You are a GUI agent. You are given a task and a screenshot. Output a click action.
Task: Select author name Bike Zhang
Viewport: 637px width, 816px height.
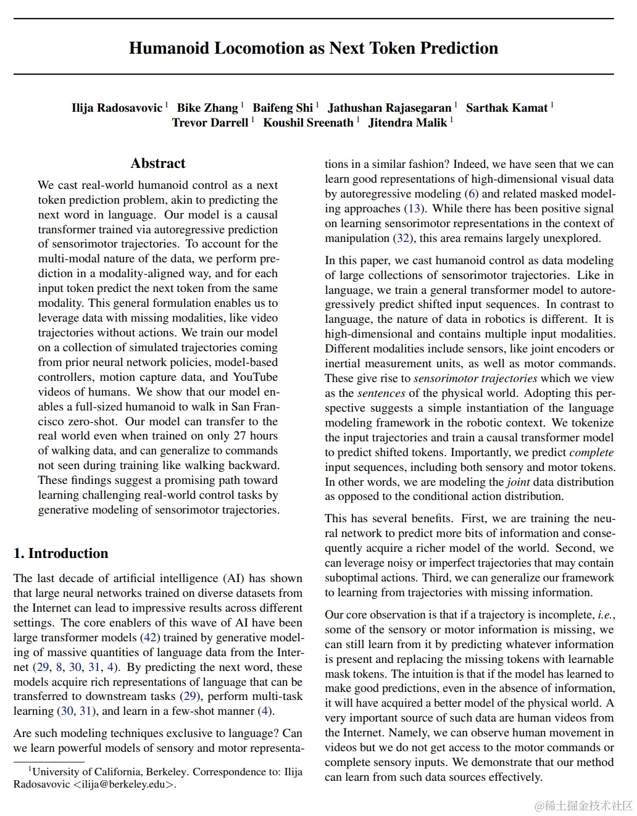(x=207, y=108)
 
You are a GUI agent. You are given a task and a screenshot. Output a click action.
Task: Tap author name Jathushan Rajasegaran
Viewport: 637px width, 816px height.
(x=389, y=108)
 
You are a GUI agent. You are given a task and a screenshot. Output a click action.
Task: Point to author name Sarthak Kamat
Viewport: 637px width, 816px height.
(x=507, y=108)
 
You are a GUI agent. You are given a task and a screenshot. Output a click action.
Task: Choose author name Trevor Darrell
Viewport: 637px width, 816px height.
(x=210, y=123)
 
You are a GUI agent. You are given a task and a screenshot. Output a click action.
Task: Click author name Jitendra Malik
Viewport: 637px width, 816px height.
(x=407, y=123)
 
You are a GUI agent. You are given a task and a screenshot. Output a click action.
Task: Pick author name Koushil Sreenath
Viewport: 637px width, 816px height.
(x=308, y=123)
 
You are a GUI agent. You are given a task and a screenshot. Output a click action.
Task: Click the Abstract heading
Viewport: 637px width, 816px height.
(x=158, y=164)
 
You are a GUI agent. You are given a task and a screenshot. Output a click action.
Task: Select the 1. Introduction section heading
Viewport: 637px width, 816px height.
(x=60, y=553)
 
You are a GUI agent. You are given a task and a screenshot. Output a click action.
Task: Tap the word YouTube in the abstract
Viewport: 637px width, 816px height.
(x=255, y=377)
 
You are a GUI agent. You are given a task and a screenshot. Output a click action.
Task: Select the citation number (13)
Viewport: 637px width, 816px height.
(x=414, y=209)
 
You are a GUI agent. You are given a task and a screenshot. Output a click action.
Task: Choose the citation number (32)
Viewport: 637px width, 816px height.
(x=402, y=238)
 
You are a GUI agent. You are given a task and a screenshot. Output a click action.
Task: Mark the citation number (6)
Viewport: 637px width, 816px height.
(x=472, y=194)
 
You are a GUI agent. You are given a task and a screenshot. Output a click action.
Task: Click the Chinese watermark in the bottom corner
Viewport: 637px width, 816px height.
(x=584, y=806)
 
